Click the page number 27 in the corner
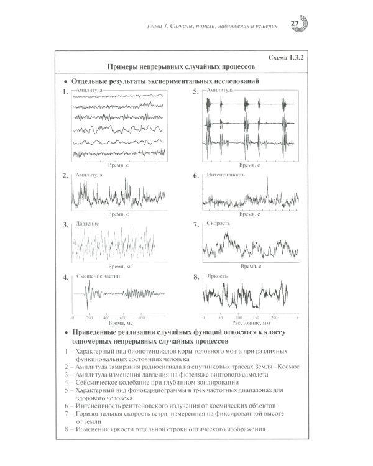295,24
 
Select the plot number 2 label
65,176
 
